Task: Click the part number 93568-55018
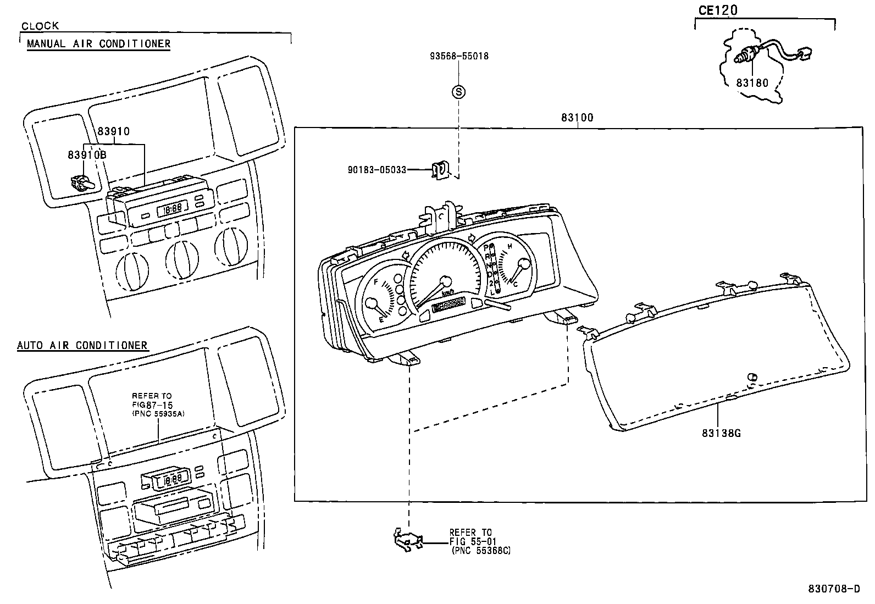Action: click(459, 56)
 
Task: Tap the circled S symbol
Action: click(458, 92)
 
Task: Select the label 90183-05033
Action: click(377, 170)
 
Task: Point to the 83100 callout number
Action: click(577, 118)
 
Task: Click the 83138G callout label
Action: click(721, 433)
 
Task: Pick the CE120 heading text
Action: click(718, 10)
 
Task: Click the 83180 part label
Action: click(752, 83)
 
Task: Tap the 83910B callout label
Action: click(87, 155)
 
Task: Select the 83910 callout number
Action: click(114, 131)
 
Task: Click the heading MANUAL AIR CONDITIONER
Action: click(99, 44)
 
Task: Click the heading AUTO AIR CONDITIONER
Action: click(82, 346)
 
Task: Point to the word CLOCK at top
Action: click(40, 26)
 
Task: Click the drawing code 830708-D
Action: click(834, 589)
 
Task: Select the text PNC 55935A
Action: click(158, 414)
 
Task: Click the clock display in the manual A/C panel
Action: click(173, 209)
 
